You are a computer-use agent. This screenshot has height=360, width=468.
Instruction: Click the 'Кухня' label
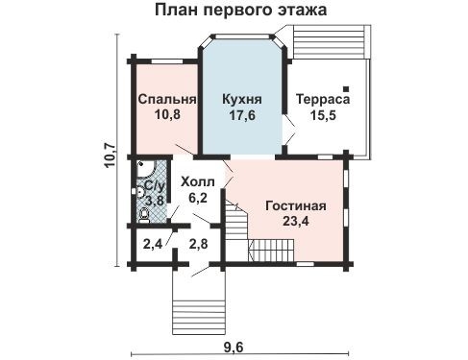241,99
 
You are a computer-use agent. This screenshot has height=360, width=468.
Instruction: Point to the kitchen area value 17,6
241,115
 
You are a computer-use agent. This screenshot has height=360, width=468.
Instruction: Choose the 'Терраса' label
322,99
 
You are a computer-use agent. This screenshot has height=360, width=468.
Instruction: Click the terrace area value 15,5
322,115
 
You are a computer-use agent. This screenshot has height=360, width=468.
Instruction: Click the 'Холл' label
198,180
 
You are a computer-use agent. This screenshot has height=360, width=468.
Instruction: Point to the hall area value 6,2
199,198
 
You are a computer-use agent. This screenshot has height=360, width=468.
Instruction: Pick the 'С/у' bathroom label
152,185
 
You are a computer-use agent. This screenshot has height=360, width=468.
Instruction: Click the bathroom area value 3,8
152,201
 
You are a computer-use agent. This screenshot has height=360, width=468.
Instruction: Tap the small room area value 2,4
153,244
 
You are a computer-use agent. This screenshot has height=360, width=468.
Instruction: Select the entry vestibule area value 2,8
199,244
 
